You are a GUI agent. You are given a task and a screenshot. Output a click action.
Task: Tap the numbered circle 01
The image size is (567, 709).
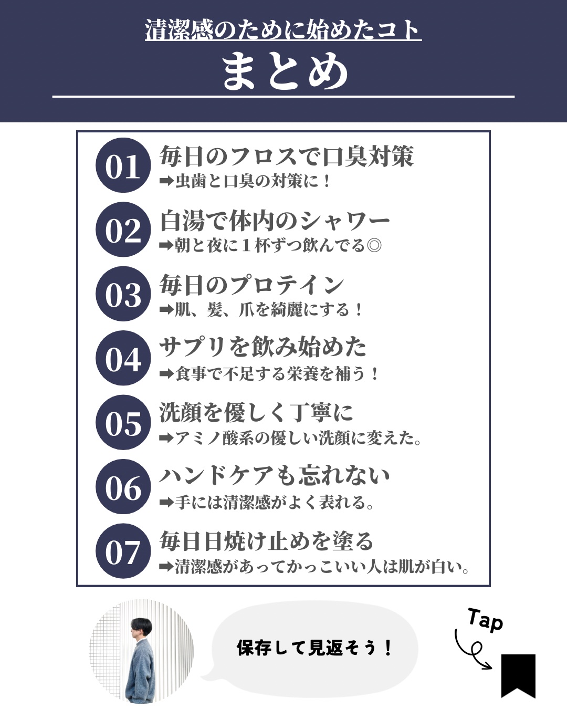[123, 165]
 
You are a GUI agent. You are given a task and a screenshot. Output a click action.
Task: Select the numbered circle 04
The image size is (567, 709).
[123, 358]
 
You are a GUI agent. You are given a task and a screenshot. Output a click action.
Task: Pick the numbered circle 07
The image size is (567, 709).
[123, 551]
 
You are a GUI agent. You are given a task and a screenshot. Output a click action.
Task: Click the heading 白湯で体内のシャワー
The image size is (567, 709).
[275, 221]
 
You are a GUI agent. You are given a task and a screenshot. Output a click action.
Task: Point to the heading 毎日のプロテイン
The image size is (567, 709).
[252, 285]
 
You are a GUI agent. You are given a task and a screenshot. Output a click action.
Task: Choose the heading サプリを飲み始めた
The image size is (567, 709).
[263, 347]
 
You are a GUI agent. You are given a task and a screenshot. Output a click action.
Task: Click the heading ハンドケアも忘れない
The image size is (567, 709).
[275, 476]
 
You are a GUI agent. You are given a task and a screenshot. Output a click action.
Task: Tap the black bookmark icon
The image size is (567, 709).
[518, 676]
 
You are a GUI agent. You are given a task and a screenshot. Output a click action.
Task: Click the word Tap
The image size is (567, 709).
[485, 620]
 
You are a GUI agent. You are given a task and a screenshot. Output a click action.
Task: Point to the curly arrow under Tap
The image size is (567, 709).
[472, 651]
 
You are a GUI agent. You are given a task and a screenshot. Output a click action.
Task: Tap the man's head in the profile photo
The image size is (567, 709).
[141, 629]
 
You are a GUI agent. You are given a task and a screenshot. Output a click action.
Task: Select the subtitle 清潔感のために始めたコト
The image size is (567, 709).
[283, 30]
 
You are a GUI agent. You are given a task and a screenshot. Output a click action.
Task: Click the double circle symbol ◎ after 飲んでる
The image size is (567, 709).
[374, 245]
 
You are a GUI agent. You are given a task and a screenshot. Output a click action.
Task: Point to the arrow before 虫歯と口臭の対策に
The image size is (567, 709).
[166, 181]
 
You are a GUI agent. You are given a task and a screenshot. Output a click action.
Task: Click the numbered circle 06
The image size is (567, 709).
[123, 487]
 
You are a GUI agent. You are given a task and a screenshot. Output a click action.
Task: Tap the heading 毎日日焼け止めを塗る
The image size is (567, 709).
[266, 540]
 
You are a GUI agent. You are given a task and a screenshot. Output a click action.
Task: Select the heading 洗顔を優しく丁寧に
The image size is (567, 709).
[256, 412]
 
